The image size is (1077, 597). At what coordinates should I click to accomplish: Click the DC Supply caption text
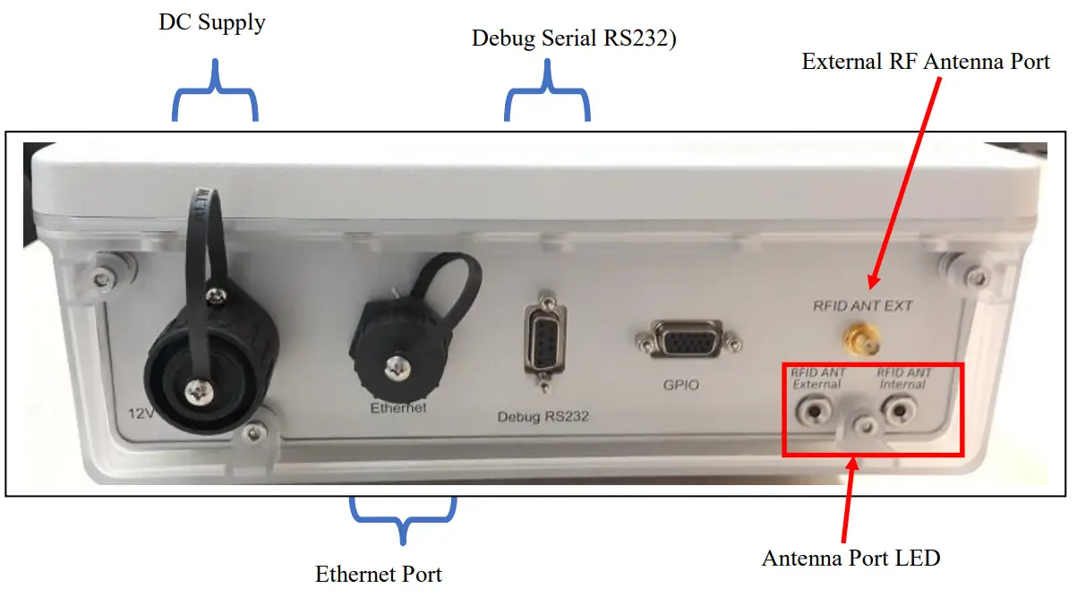(x=212, y=22)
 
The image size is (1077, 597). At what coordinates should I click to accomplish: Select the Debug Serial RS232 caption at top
(x=573, y=38)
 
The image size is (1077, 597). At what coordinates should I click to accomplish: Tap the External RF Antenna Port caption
(x=926, y=62)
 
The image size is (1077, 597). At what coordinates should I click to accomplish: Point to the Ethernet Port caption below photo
(x=379, y=573)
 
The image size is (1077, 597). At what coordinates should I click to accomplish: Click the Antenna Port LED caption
(x=851, y=558)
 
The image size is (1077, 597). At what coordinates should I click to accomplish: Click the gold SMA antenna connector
(x=861, y=339)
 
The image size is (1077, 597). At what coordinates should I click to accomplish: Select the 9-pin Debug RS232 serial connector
(x=543, y=340)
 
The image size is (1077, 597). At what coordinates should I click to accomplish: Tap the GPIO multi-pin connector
(x=686, y=342)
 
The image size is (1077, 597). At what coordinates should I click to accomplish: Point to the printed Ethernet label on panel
(x=398, y=408)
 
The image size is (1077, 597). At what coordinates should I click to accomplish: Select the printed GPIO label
(x=680, y=386)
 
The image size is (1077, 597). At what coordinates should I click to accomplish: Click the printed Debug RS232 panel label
(x=543, y=416)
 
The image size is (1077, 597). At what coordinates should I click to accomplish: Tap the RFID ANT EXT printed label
(x=862, y=306)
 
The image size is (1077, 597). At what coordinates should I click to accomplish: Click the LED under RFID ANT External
(x=816, y=412)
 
